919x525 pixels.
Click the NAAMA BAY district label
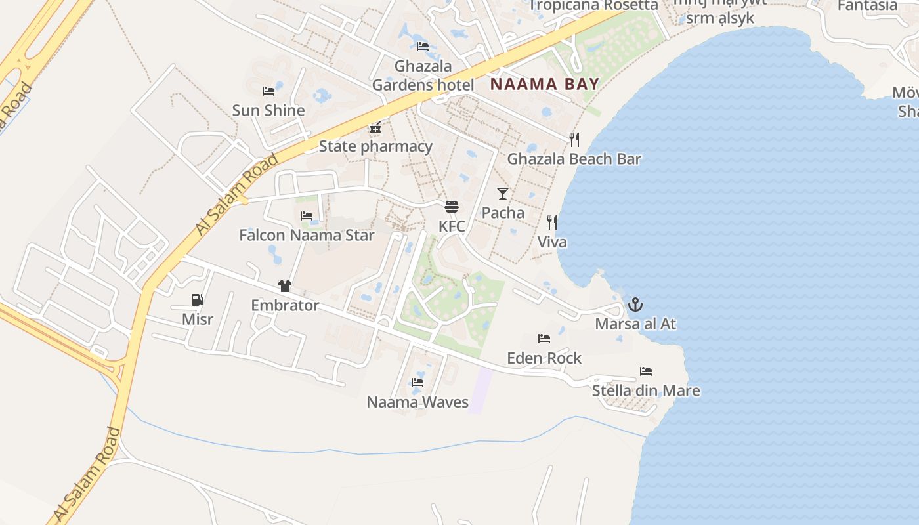tap(545, 84)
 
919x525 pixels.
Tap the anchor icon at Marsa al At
tap(635, 304)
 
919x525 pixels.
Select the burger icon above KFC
tap(452, 207)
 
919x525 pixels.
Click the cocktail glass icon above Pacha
tap(503, 193)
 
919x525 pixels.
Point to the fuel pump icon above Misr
tap(197, 300)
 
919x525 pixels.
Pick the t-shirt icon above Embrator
tap(285, 286)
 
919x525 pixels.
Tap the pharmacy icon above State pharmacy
tap(375, 127)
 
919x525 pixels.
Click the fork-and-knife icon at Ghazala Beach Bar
tap(574, 139)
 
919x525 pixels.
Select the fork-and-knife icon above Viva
tap(552, 222)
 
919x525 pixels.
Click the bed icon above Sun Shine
tap(268, 91)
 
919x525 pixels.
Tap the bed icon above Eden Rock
tap(544, 339)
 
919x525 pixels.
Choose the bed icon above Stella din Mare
tap(646, 371)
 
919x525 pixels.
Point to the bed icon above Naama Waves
tap(417, 383)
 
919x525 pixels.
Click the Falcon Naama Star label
tap(307, 235)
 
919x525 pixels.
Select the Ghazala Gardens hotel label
tap(423, 75)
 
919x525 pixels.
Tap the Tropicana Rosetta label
tap(593, 5)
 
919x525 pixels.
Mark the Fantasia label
tap(867, 5)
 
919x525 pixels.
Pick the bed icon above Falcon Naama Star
tap(307, 215)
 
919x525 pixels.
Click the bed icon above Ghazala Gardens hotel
tap(423, 46)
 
